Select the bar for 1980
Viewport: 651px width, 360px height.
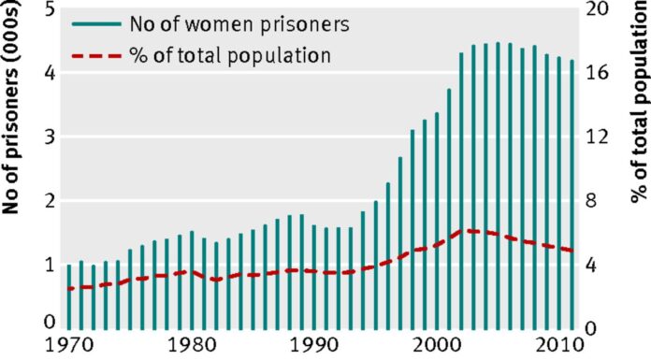pyautogui.click(x=191, y=280)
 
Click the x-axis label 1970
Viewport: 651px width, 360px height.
pyautogui.click(x=68, y=343)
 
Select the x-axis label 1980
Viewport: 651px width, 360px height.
pyautogui.click(x=191, y=343)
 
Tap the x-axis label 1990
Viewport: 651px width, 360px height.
pyautogui.click(x=314, y=343)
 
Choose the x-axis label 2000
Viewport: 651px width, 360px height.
pyautogui.click(x=437, y=343)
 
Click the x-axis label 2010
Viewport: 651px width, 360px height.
pyautogui.click(x=559, y=343)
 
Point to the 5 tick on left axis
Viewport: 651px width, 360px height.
pyautogui.click(x=48, y=9)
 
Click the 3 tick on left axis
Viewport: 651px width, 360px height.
pyautogui.click(x=48, y=137)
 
